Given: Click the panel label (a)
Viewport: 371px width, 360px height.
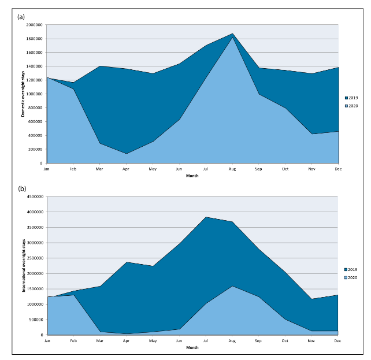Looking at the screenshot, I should coord(21,16).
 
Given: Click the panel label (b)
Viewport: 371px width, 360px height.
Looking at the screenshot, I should coord(21,188).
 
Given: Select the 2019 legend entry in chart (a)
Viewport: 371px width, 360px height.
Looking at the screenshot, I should coord(351,98).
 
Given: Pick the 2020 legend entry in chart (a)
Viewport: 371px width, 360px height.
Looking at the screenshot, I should coord(351,105).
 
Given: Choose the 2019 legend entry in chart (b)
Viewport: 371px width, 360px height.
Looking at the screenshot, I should coord(351,270).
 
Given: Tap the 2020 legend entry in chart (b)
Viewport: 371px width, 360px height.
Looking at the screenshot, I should coord(351,277).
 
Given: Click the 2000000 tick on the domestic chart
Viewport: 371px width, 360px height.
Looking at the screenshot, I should coord(34,25).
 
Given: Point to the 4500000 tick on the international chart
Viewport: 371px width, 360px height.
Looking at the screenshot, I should coord(34,196).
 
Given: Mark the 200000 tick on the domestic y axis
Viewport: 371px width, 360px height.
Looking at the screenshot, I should coord(35,149).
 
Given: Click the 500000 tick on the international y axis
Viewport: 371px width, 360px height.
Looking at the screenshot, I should coord(35,320).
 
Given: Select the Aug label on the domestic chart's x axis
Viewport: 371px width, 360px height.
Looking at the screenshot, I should coord(232,169).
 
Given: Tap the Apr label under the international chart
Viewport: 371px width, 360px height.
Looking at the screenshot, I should coord(127,341).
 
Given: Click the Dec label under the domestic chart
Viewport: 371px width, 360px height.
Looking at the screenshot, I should coord(338,169).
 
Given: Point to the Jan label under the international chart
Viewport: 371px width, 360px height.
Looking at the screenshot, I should coord(47,341).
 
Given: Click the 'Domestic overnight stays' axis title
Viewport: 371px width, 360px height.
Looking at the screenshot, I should coord(23,94).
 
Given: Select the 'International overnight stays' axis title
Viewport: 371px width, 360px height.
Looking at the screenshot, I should coord(23,265).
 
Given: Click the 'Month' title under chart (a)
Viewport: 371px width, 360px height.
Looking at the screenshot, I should coord(192,176).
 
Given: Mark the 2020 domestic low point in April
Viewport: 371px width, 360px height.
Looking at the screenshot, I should coord(127,154).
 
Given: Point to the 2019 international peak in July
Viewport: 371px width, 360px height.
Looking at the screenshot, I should coord(206,217).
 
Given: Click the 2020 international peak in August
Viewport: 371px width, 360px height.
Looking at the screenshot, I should coord(232,286).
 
